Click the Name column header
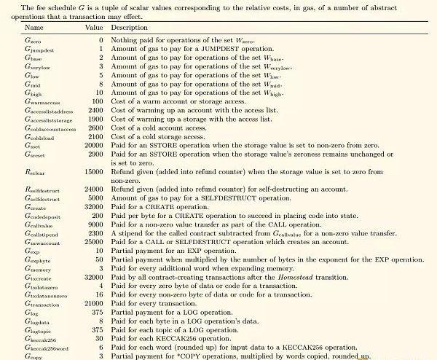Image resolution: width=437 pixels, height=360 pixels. pyautogui.click(x=34, y=27)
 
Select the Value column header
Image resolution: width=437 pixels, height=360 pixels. pyautogui.click(x=95, y=27)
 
